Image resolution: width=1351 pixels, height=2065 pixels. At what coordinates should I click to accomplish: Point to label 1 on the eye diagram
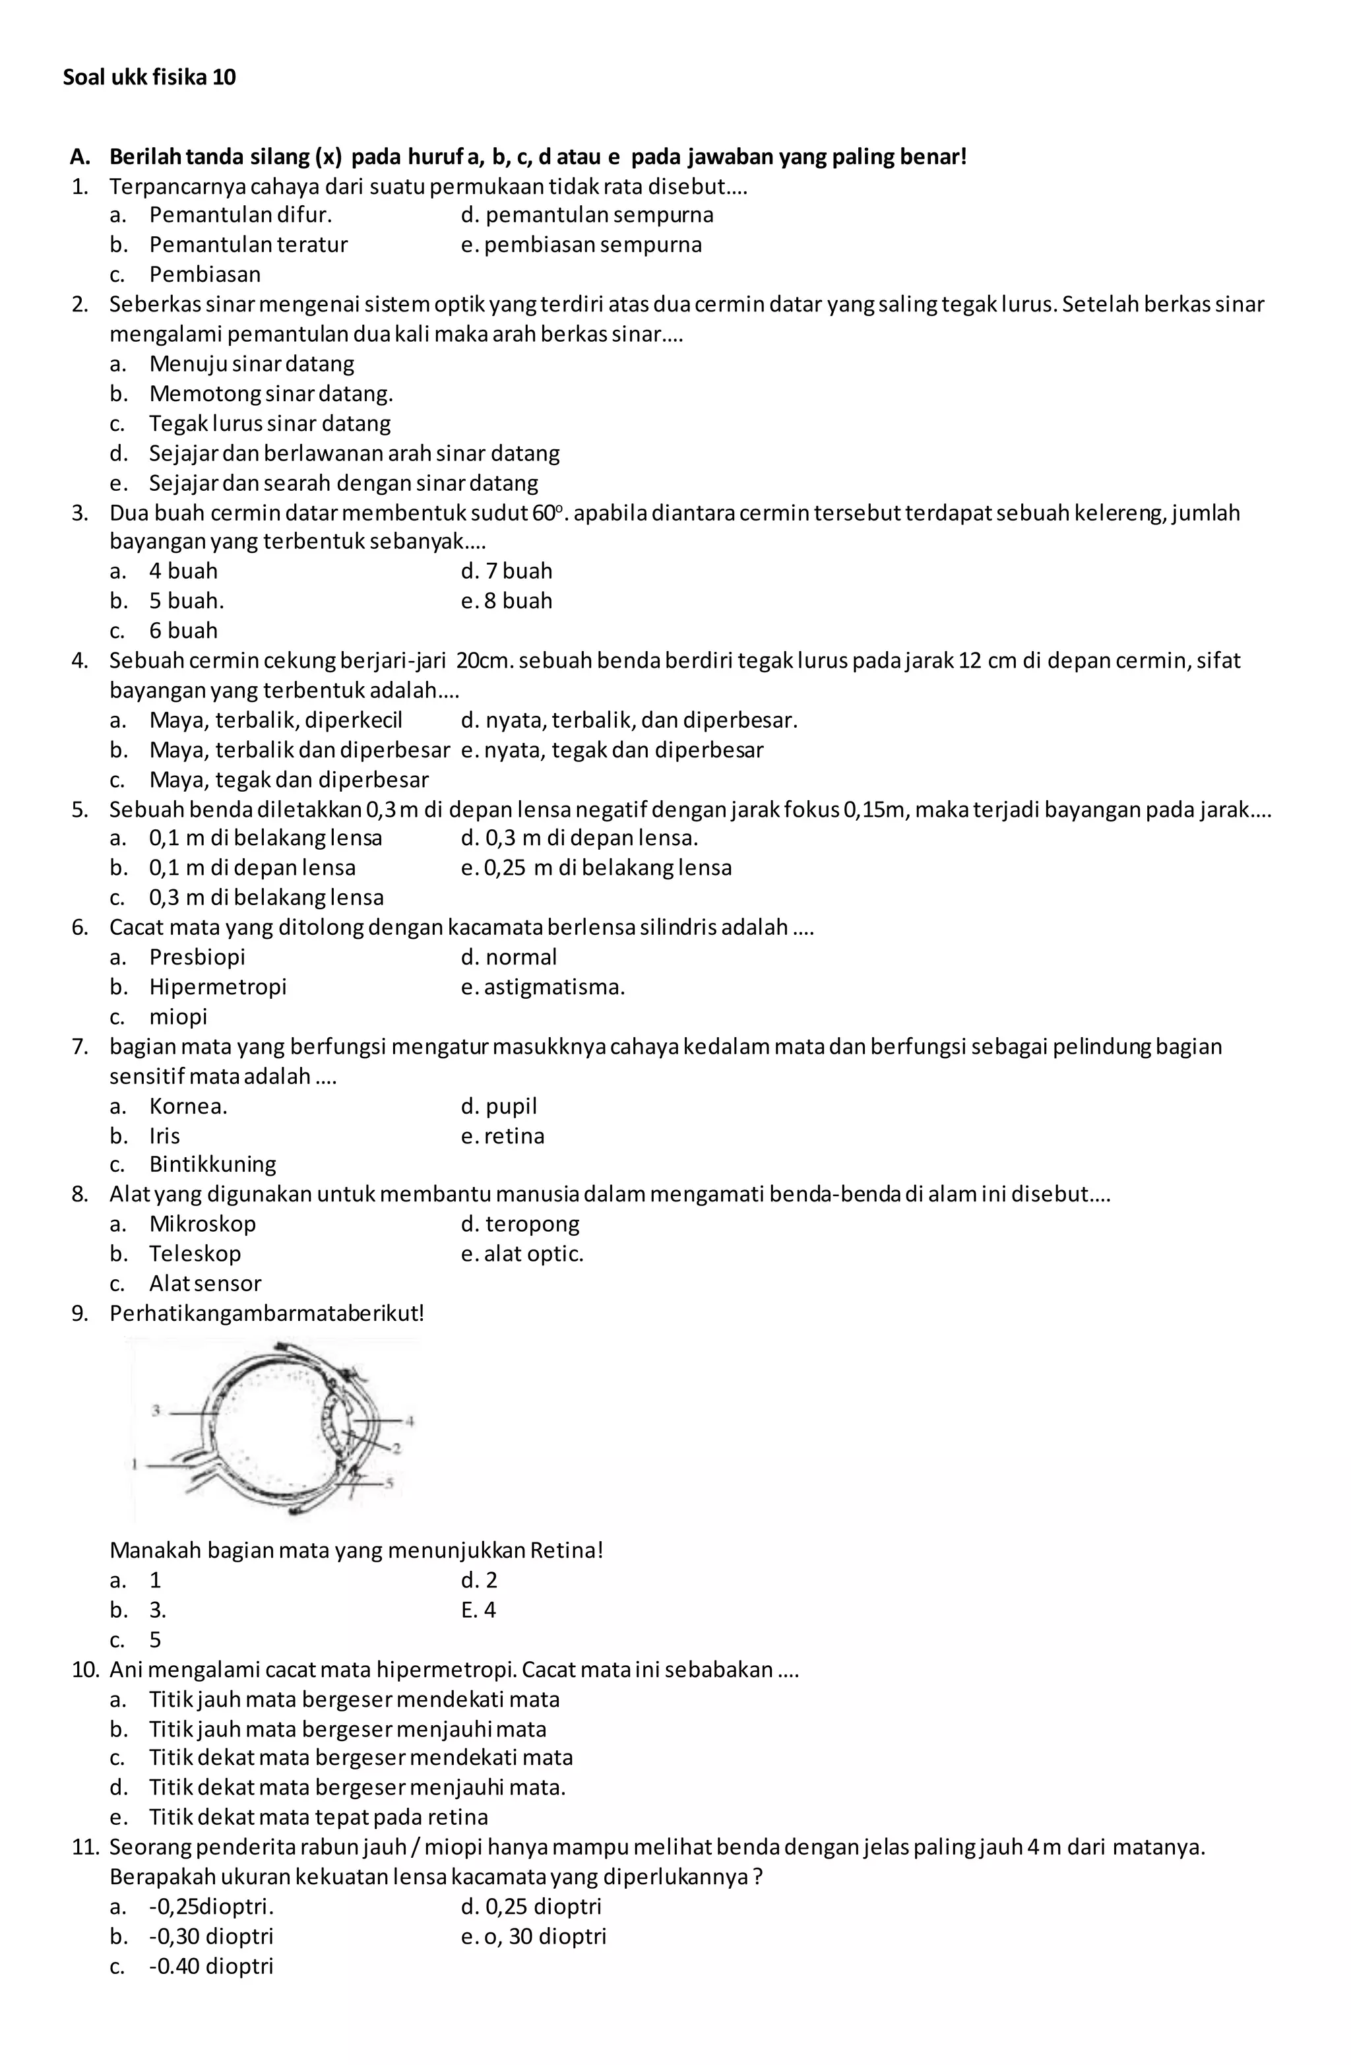point(135,1465)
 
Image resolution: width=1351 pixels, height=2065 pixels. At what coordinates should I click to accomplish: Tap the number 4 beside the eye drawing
point(410,1420)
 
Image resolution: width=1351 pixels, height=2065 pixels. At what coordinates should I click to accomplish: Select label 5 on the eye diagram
point(390,1484)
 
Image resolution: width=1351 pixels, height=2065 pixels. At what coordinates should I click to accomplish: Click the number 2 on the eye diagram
point(396,1448)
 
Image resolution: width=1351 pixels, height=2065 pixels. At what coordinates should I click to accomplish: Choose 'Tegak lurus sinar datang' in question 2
point(270,424)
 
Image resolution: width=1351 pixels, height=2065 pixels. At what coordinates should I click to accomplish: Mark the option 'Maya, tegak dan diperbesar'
point(289,778)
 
